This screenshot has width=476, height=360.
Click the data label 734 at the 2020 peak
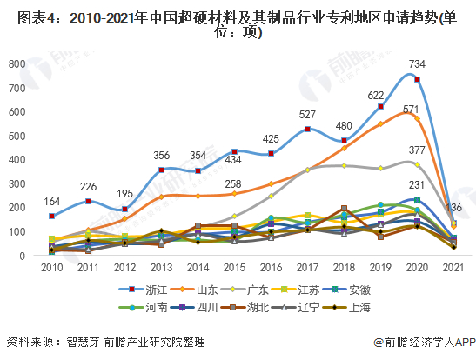[x=417, y=64]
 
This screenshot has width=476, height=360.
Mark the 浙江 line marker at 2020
[x=418, y=80]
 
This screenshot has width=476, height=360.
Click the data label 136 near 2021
[x=453, y=207]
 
